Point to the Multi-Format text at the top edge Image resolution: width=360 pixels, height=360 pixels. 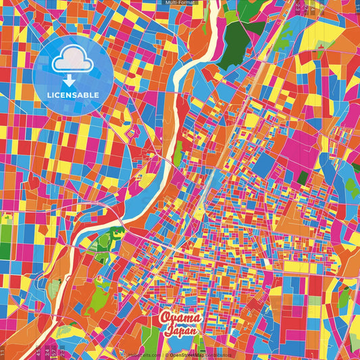tap(180, 3)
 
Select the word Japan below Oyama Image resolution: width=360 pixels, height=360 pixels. tap(180, 330)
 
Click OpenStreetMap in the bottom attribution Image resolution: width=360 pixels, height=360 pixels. tap(191, 355)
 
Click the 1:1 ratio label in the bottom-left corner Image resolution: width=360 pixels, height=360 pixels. tap(3, 352)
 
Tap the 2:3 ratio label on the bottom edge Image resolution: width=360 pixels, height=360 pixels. tap(61, 352)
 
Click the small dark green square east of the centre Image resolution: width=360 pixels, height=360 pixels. tap(303, 178)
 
